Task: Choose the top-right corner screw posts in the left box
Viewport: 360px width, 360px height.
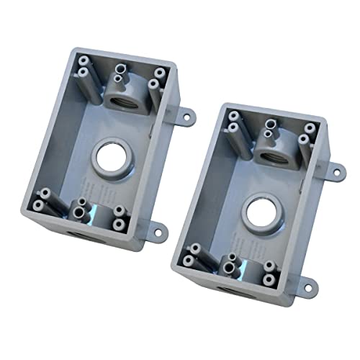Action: [x=156, y=79]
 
